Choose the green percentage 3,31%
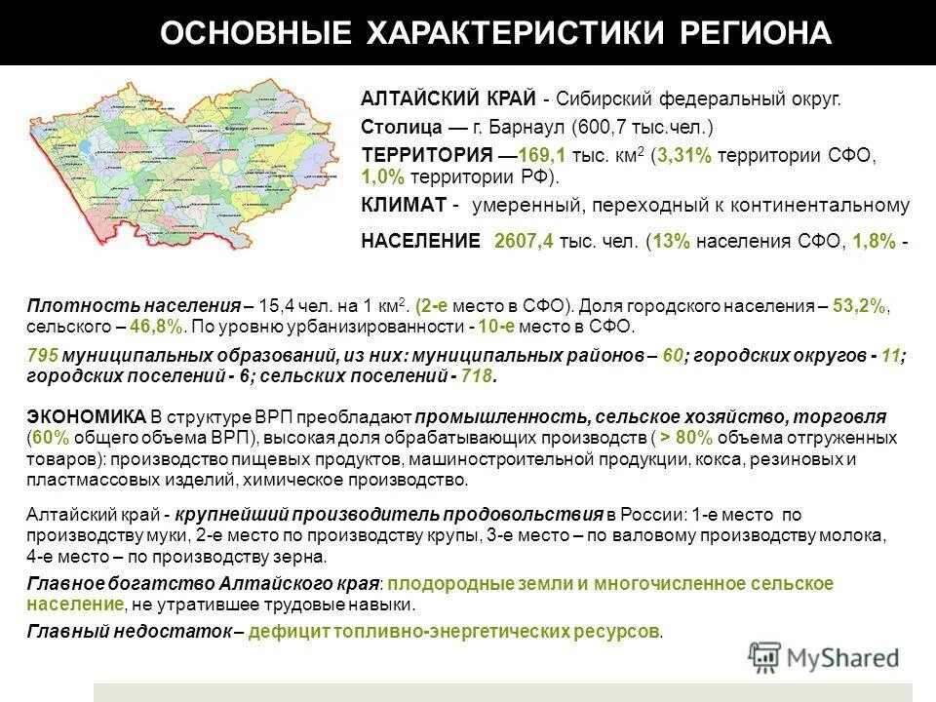click(685, 156)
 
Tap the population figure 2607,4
click(525, 242)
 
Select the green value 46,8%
click(155, 327)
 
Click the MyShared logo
click(823, 657)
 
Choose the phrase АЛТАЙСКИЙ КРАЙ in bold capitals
click(448, 98)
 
